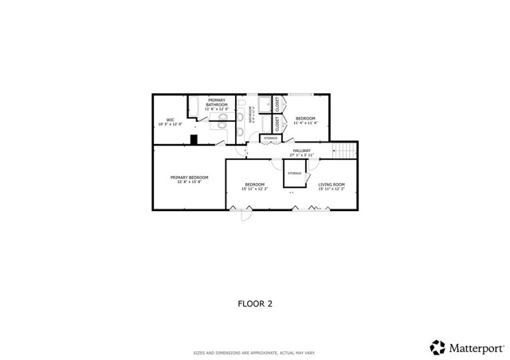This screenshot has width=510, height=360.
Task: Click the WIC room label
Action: (170, 120)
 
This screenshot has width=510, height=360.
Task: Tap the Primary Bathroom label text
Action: (217, 101)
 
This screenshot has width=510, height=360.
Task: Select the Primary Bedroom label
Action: (189, 177)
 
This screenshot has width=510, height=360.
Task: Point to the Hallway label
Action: (301, 151)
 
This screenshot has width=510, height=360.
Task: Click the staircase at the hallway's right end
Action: (344, 151)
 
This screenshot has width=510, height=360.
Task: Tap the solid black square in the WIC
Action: (193, 140)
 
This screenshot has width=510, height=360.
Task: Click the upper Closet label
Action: (277, 104)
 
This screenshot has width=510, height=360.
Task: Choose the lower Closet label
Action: (277, 124)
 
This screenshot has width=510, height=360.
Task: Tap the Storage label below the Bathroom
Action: (271, 139)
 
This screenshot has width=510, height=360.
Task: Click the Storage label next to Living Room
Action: (294, 173)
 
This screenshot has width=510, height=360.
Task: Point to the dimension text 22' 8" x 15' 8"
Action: (189, 182)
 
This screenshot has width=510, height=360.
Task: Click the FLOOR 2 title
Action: (255, 303)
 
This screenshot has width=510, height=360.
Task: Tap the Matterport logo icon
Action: (437, 347)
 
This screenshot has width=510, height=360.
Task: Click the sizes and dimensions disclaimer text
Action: (255, 353)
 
